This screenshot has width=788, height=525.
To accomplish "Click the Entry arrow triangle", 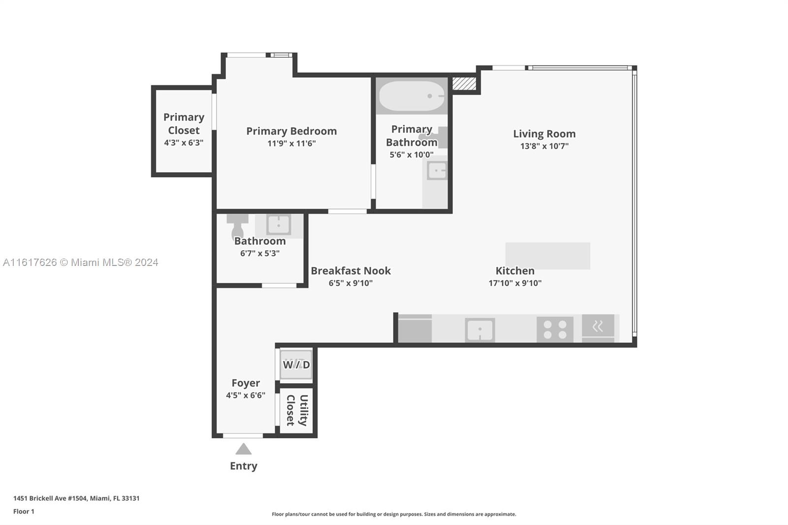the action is click(x=243, y=449).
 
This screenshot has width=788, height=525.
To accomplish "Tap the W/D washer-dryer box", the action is click(x=296, y=364).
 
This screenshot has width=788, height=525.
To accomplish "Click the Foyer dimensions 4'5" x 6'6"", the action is click(x=246, y=395).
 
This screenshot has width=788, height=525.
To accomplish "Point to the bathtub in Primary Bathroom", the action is click(x=412, y=96).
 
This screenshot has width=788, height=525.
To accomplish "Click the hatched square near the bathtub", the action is click(x=464, y=84).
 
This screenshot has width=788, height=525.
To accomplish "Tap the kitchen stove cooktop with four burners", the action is click(x=555, y=329).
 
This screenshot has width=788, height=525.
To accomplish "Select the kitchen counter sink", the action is click(x=480, y=330).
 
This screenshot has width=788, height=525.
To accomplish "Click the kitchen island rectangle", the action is click(x=548, y=256).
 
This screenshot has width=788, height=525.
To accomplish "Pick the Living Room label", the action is click(x=544, y=134).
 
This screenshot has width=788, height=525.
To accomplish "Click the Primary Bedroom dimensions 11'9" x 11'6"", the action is click(x=291, y=143).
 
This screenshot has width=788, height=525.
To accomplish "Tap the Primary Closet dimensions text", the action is click(x=184, y=142).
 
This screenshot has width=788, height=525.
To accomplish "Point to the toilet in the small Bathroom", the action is click(x=237, y=226).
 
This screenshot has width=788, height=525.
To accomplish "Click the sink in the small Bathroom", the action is click(x=279, y=225).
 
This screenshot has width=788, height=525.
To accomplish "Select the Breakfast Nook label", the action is click(x=351, y=270).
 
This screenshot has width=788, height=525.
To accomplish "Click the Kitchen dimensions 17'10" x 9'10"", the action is click(x=515, y=283).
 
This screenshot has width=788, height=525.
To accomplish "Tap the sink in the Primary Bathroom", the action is click(x=437, y=171).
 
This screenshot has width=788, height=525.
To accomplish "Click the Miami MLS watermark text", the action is click(x=81, y=262).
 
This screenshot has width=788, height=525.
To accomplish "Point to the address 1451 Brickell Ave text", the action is click(x=76, y=498).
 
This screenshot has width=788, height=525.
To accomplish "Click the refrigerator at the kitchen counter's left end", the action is click(x=415, y=328).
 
